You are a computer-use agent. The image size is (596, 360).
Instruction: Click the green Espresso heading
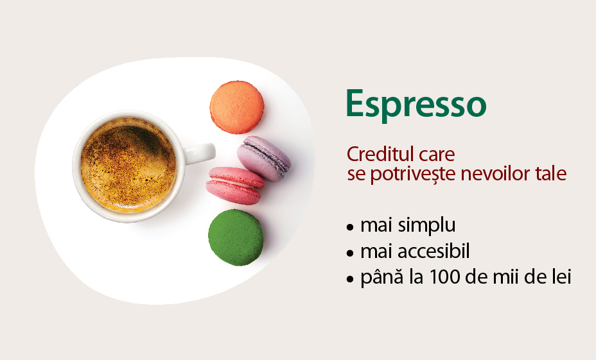tap(416, 105)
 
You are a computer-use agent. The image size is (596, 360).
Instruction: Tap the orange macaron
tap(237, 107)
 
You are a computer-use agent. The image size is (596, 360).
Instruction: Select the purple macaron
tap(264, 159)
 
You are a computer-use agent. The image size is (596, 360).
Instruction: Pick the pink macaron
tap(235, 185)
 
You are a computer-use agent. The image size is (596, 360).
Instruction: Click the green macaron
tap(236, 237)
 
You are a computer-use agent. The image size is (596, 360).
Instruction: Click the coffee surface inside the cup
tap(128, 165)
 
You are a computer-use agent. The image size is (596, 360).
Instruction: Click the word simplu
tap(426, 225)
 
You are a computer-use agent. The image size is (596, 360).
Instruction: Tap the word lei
tap(563, 277)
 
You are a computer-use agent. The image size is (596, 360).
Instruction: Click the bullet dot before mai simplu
tap(350, 228)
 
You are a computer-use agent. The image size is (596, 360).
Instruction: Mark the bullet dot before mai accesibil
tap(350, 253)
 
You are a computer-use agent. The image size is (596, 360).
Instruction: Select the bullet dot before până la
tap(350, 280)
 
